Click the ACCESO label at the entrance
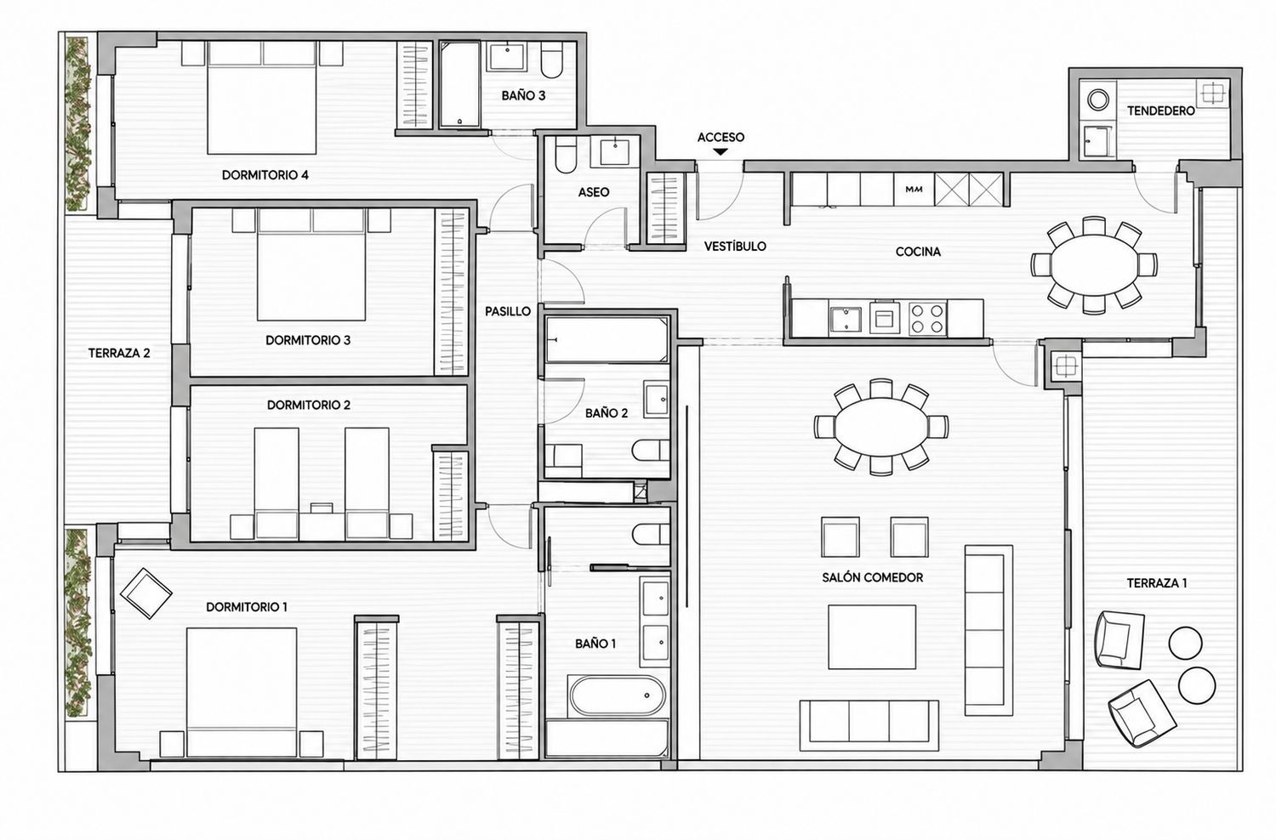pyautogui.click(x=721, y=137)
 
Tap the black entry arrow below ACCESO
pyautogui.click(x=721, y=151)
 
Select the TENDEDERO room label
pyautogui.click(x=1160, y=111)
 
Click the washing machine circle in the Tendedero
pyautogui.click(x=1097, y=100)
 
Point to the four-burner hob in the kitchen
pyautogui.click(x=927, y=318)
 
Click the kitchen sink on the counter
pyautogui.click(x=846, y=319)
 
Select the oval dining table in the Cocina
pyautogui.click(x=1094, y=264)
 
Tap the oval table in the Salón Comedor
pyautogui.click(x=880, y=427)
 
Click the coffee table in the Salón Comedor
pyautogui.click(x=872, y=637)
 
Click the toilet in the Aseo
pyautogui.click(x=566, y=155)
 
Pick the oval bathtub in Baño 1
pyautogui.click(x=617, y=695)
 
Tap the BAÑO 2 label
pyautogui.click(x=606, y=413)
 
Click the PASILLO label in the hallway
pyautogui.click(x=508, y=311)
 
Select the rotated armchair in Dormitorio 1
pyautogui.click(x=146, y=593)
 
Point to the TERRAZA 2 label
pyautogui.click(x=119, y=353)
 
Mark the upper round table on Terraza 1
pyautogui.click(x=1186, y=643)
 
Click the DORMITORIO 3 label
pyautogui.click(x=308, y=341)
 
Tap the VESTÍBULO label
pyautogui.click(x=735, y=246)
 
